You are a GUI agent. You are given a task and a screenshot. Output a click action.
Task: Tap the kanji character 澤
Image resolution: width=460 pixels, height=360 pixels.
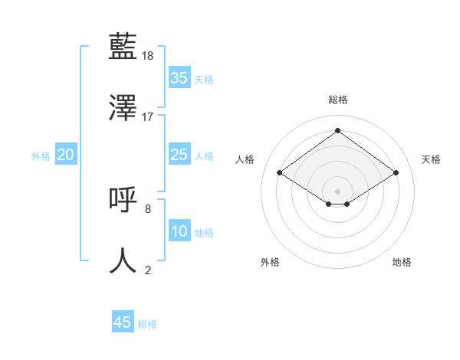pos(123,109)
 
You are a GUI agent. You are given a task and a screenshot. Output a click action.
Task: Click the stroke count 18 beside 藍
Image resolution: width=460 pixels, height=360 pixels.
pos(149,56)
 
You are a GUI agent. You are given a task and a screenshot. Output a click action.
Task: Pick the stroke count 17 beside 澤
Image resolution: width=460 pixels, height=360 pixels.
pos(148,117)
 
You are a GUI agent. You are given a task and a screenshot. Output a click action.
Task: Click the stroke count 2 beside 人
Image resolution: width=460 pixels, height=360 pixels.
pos(148,270)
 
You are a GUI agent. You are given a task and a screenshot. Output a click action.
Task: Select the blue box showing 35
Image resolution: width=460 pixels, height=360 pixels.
pos(179,78)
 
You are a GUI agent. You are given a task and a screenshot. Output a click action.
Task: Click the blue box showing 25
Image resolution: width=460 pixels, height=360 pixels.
pos(179,155)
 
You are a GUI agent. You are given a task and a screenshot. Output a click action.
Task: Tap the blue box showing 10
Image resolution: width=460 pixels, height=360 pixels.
pos(179,231)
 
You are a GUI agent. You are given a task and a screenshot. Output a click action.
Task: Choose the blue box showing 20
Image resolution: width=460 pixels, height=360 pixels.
pos(66,155)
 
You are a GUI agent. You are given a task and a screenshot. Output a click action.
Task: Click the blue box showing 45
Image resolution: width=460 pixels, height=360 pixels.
pos(123,322)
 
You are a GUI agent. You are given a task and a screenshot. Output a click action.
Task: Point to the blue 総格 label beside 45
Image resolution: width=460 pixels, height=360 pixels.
pos(147,324)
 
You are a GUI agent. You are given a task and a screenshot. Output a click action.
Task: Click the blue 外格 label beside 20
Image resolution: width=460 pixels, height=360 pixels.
pos(41,156)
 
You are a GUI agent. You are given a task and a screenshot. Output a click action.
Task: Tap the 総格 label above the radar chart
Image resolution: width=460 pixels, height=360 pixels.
pos(337,100)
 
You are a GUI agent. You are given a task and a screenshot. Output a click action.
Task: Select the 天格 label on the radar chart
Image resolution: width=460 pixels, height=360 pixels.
pos(431,159)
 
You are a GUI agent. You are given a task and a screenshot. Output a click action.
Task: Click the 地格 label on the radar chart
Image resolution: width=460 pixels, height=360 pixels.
pos(402,262)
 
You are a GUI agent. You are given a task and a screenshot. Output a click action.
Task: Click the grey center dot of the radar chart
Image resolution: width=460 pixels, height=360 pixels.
pos(337,191)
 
